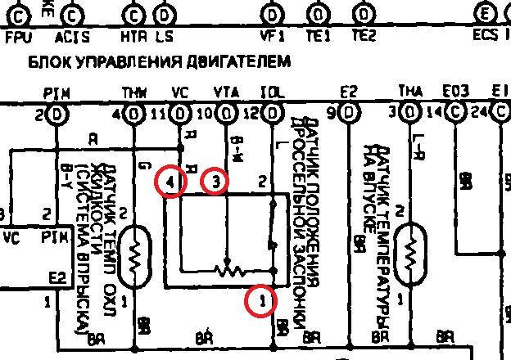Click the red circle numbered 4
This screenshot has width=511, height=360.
[x=170, y=183]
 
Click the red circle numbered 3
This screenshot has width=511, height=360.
[x=215, y=181]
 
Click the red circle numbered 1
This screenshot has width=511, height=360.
[x=261, y=302]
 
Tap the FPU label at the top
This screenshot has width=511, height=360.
[x=18, y=37]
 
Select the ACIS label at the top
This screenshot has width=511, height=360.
[x=72, y=37]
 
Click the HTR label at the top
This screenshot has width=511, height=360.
[x=133, y=37]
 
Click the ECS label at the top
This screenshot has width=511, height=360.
[x=485, y=37]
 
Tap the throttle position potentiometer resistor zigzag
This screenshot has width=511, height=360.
[x=229, y=269]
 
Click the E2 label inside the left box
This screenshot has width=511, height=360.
[x=57, y=278]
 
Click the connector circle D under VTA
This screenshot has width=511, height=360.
[x=225, y=113]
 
